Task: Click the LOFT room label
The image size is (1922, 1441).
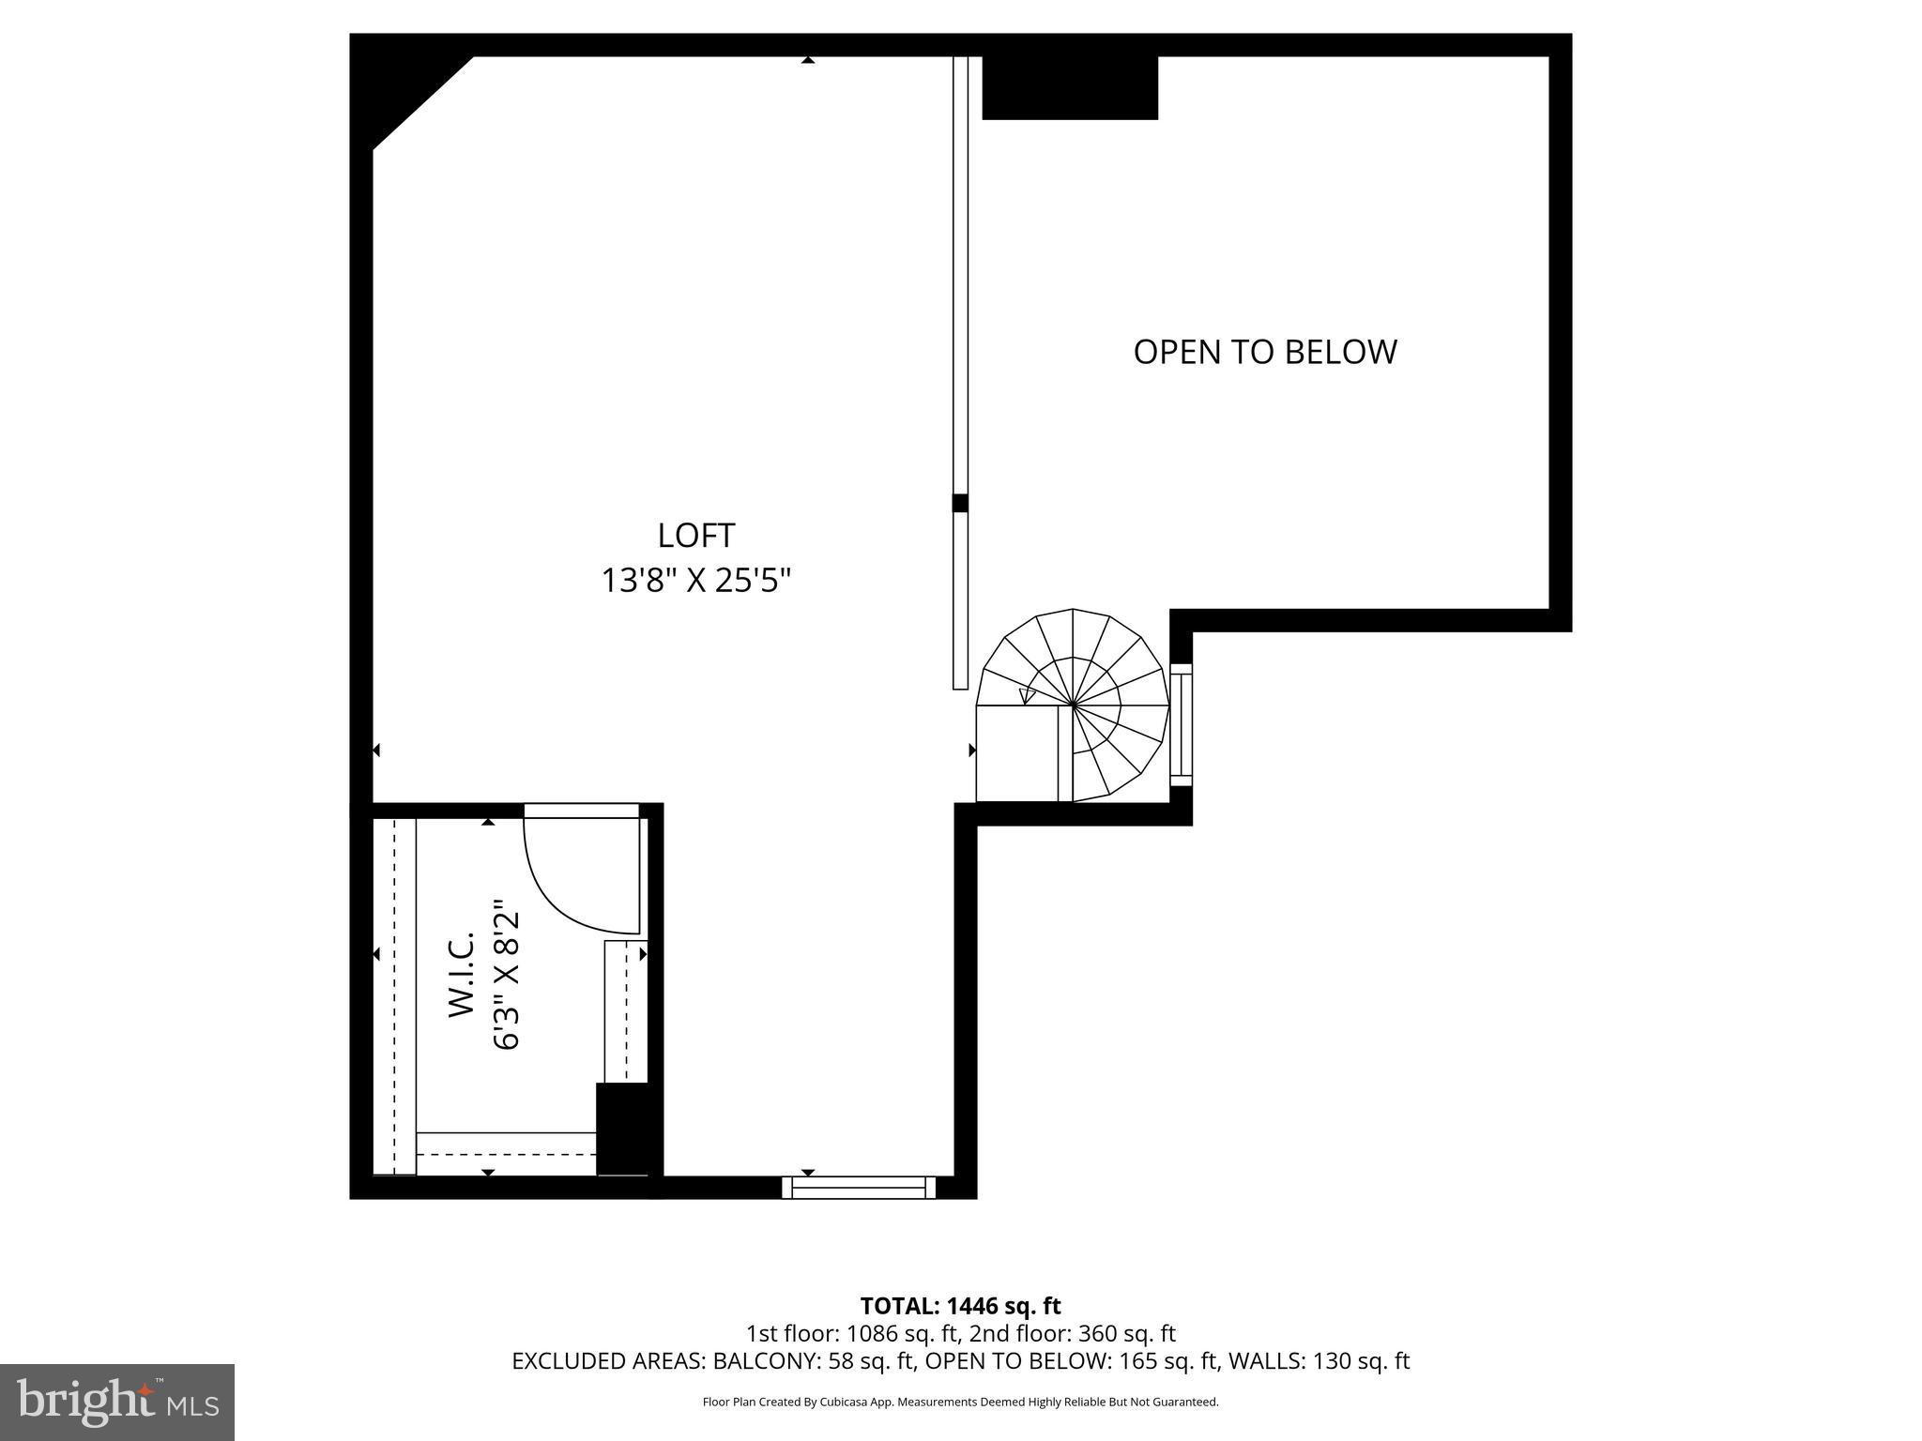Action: tap(695, 536)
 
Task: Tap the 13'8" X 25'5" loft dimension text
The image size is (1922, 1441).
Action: tap(695, 581)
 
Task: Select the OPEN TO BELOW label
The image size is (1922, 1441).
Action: tap(1264, 352)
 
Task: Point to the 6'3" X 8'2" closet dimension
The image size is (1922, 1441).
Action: tap(506, 975)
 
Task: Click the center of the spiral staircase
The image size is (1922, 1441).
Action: tap(1073, 704)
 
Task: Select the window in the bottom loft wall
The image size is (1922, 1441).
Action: tap(859, 1188)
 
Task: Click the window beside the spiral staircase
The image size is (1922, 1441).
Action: tap(1181, 724)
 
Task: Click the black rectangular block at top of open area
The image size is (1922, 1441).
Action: tap(1070, 87)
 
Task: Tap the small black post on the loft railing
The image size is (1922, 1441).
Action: tap(960, 503)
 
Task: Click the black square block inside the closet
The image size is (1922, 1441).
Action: tap(622, 1128)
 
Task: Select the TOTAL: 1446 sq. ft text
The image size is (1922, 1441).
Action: tap(960, 1306)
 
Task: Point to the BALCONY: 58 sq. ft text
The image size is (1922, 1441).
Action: tap(813, 1361)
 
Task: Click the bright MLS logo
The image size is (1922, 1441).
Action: tap(117, 1402)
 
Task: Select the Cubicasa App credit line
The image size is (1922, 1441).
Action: tap(960, 1403)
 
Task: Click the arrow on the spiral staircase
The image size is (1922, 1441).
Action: tap(1028, 696)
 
